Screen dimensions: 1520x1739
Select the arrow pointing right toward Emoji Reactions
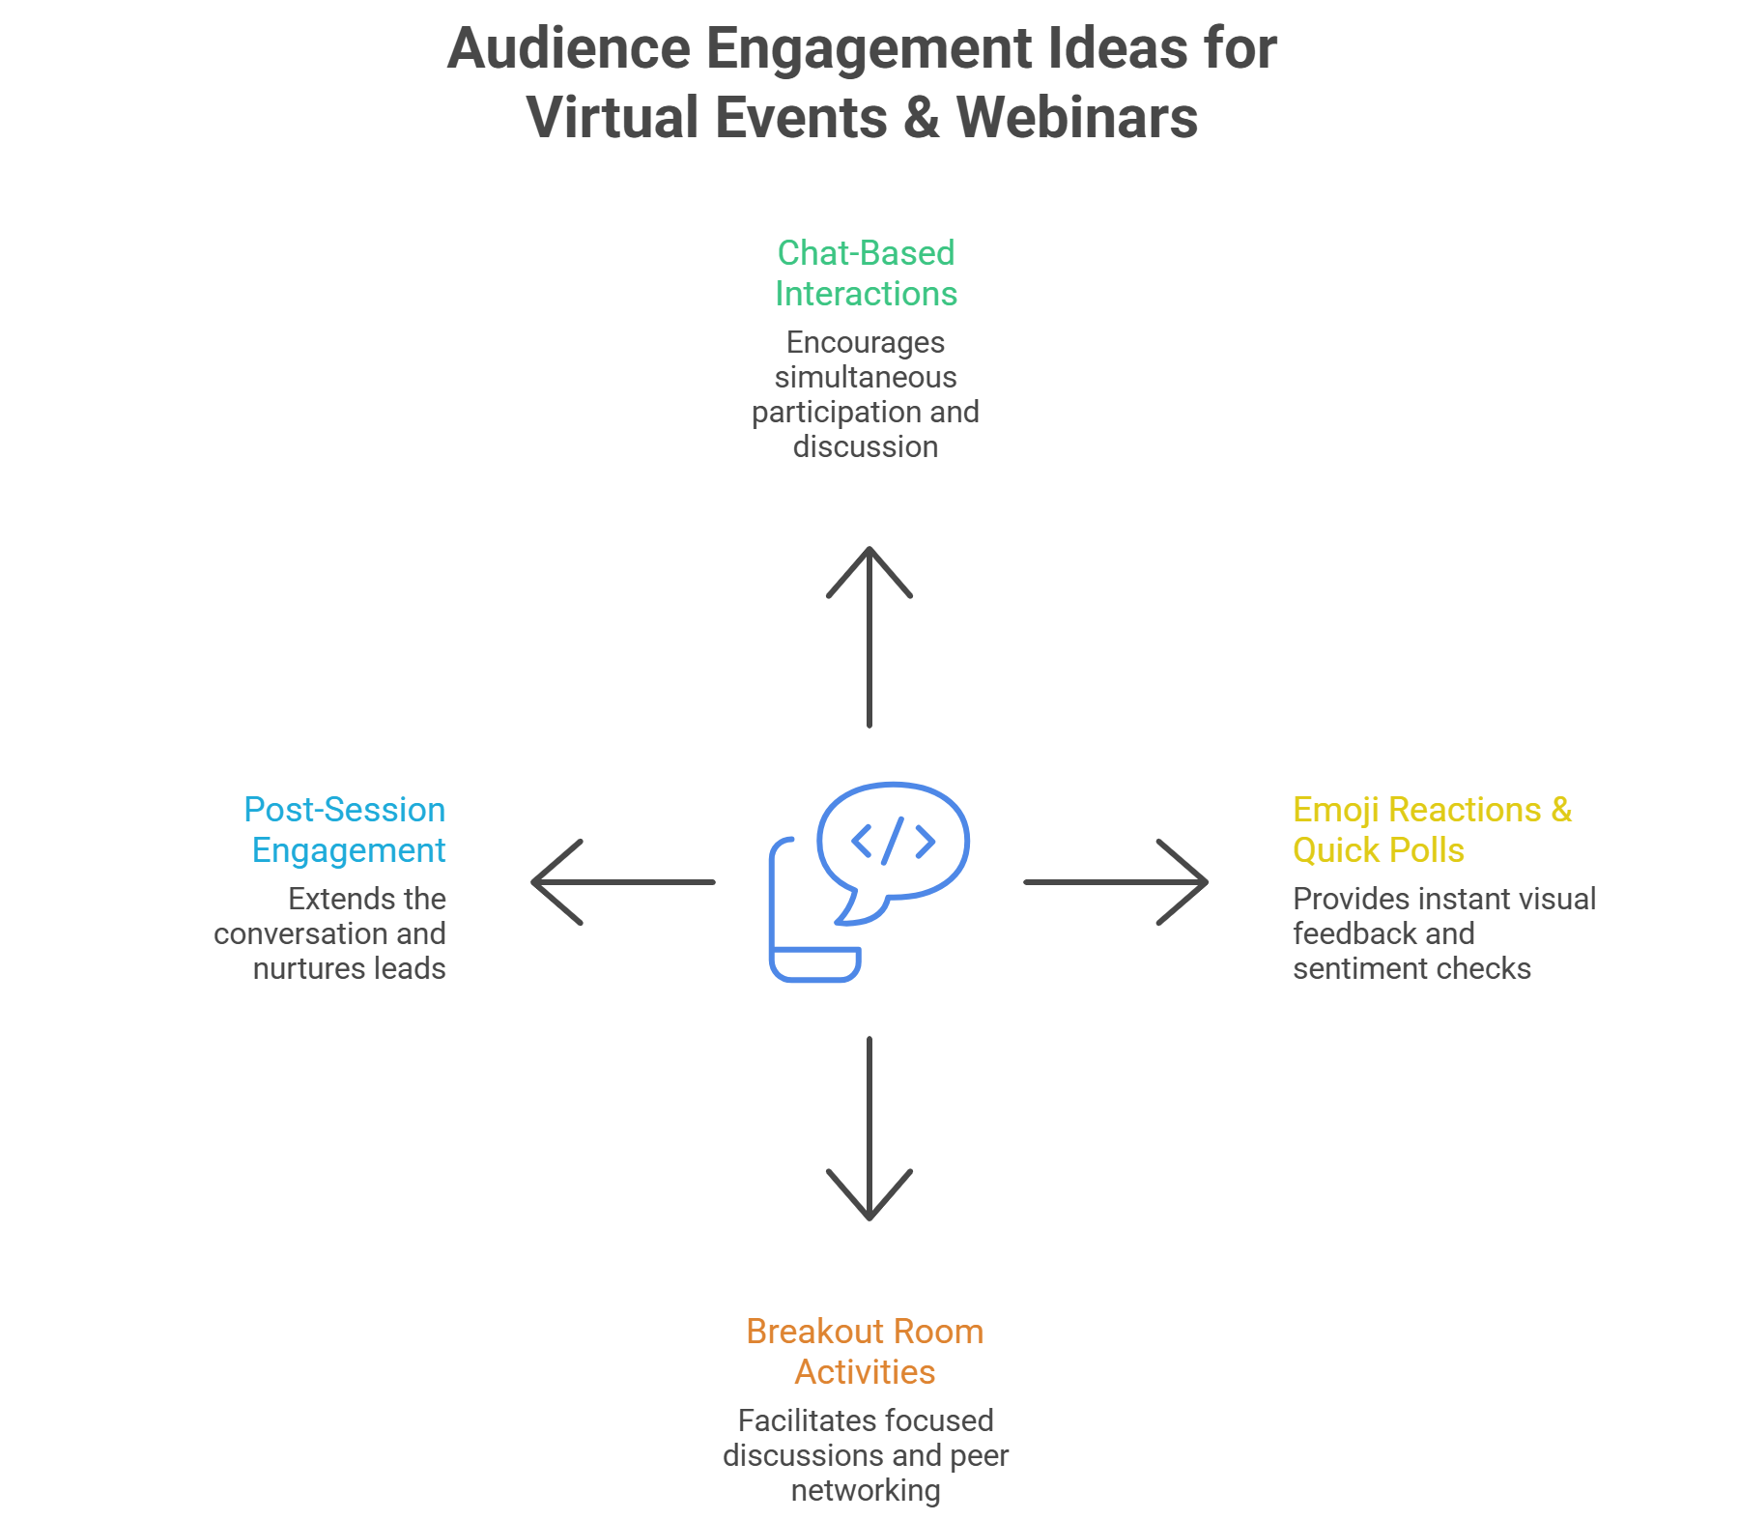click(x=1116, y=881)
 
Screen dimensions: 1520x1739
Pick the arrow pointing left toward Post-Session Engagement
click(x=623, y=881)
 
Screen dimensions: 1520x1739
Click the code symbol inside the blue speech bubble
click(x=894, y=841)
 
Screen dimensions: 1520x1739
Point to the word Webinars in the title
click(x=1076, y=118)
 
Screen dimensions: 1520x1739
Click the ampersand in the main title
click(x=922, y=118)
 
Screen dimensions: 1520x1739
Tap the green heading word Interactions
click(x=866, y=294)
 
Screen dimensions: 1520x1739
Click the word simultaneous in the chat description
click(x=866, y=377)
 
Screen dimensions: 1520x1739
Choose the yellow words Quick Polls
click(x=1379, y=850)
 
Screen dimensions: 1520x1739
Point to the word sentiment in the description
click(x=1347, y=968)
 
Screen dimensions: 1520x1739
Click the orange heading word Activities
click(x=866, y=1372)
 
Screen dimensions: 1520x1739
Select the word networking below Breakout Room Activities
click(x=866, y=1490)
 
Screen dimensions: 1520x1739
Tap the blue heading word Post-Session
click(x=345, y=810)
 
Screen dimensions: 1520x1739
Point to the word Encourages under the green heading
click(x=866, y=342)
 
